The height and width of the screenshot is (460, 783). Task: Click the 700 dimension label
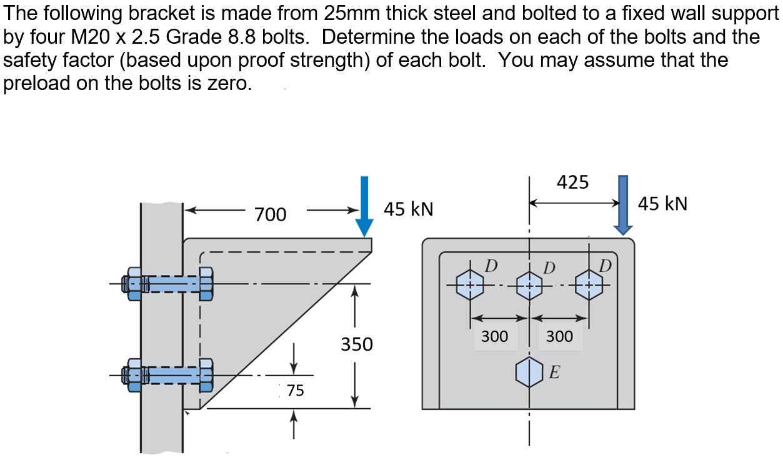coord(271,214)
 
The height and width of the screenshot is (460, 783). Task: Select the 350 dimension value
coord(356,344)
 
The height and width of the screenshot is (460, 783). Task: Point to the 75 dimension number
coord(295,391)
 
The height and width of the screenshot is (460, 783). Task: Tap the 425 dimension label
coord(572,182)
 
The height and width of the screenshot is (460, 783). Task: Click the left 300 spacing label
coord(494,336)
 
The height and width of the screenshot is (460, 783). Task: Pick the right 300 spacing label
coord(559,336)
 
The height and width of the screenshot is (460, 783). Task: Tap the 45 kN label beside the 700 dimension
coord(408,209)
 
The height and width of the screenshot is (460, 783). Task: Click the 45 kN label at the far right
coord(662,204)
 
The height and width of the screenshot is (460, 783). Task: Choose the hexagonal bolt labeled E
coord(529,372)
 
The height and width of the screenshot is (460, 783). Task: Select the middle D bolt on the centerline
coord(529,286)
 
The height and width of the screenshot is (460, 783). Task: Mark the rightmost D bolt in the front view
coord(589,285)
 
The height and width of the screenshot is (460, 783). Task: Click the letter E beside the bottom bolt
coord(554,373)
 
